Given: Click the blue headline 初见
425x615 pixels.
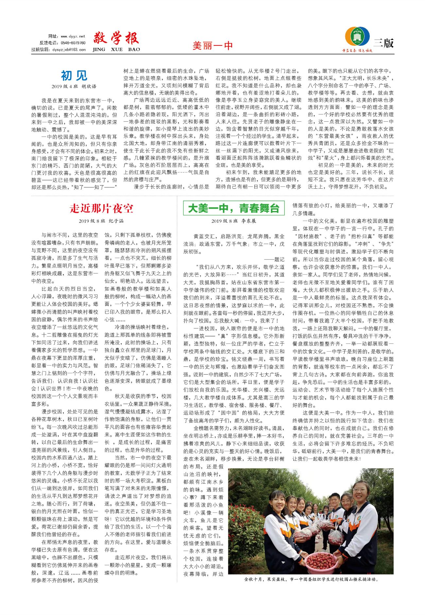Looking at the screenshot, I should tap(74, 76).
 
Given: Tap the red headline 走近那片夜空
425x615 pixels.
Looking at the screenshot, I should tap(101, 208).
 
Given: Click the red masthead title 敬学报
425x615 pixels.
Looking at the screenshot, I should tap(116, 39).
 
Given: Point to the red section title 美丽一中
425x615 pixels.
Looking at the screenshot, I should tap(212, 45).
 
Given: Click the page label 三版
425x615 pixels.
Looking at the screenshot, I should tap(384, 43).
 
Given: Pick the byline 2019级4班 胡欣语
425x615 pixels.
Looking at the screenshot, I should tap(74, 87).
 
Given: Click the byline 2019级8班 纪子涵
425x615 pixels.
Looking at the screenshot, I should tap(101, 221).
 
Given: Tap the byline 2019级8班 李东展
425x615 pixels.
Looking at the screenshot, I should tap(233, 221).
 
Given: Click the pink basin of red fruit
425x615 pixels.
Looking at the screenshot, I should tap(312, 562).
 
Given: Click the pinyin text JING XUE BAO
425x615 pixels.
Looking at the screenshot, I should tap(116, 49).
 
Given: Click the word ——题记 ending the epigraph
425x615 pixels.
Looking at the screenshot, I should tap(274, 259).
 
